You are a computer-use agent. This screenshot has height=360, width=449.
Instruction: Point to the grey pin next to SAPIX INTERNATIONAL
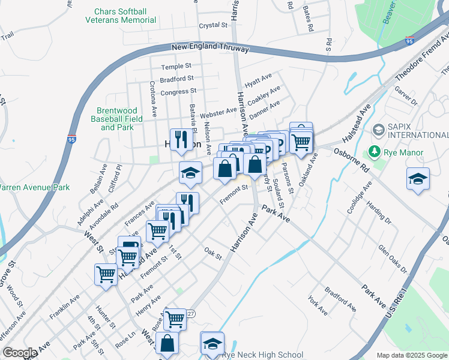point(378,129)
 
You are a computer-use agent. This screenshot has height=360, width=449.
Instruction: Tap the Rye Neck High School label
point(262,355)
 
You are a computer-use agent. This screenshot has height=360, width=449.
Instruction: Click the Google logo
point(20,353)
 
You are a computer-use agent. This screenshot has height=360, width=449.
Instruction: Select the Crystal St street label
point(214,26)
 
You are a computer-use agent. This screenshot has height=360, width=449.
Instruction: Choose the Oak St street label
point(213,254)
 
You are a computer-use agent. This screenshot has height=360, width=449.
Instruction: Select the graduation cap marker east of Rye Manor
point(418,179)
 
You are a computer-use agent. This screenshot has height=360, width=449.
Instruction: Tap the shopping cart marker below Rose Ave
point(175,318)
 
